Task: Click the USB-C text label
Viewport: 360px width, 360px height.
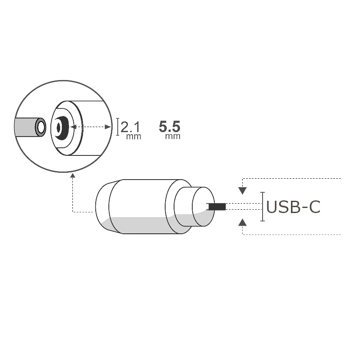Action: click(293, 207)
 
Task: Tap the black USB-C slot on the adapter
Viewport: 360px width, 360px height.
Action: click(216, 207)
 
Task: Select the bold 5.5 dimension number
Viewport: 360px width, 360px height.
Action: click(169, 126)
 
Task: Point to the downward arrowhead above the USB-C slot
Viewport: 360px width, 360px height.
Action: click(242, 191)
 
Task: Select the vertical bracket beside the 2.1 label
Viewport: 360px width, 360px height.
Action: click(118, 127)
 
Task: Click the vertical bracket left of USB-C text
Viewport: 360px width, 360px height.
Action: click(263, 207)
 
